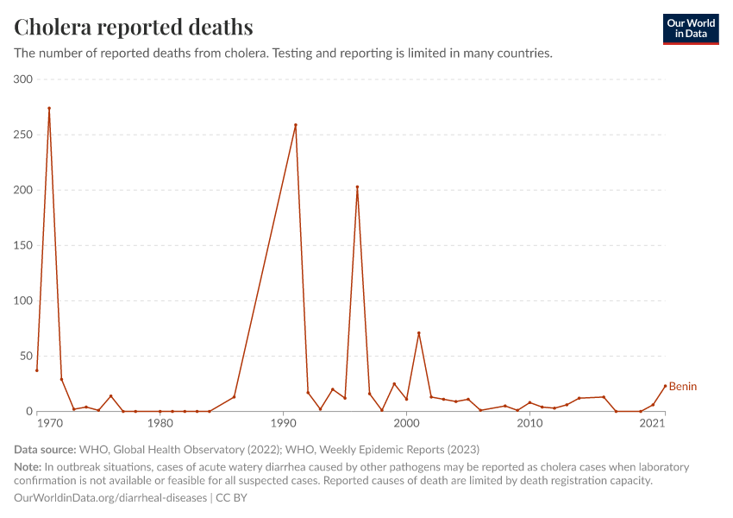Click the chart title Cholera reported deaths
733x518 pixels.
click(134, 27)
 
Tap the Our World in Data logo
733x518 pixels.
click(690, 28)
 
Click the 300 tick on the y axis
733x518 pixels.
click(22, 79)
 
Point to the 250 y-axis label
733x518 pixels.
click(22, 135)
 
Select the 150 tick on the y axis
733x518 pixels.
click(22, 245)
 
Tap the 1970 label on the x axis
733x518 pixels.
click(49, 423)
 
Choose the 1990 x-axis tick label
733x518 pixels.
click(283, 423)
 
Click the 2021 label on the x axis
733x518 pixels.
click(653, 423)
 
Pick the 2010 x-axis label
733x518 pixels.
click(529, 423)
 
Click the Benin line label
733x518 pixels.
click(683, 387)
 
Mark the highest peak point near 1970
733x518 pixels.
click(49, 108)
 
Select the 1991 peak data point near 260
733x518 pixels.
click(296, 125)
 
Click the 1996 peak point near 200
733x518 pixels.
click(357, 187)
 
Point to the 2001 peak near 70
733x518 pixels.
click(419, 333)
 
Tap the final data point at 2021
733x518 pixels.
click(665, 386)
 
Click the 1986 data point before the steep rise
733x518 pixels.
click(234, 397)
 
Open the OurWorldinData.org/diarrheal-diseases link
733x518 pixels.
click(110, 498)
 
